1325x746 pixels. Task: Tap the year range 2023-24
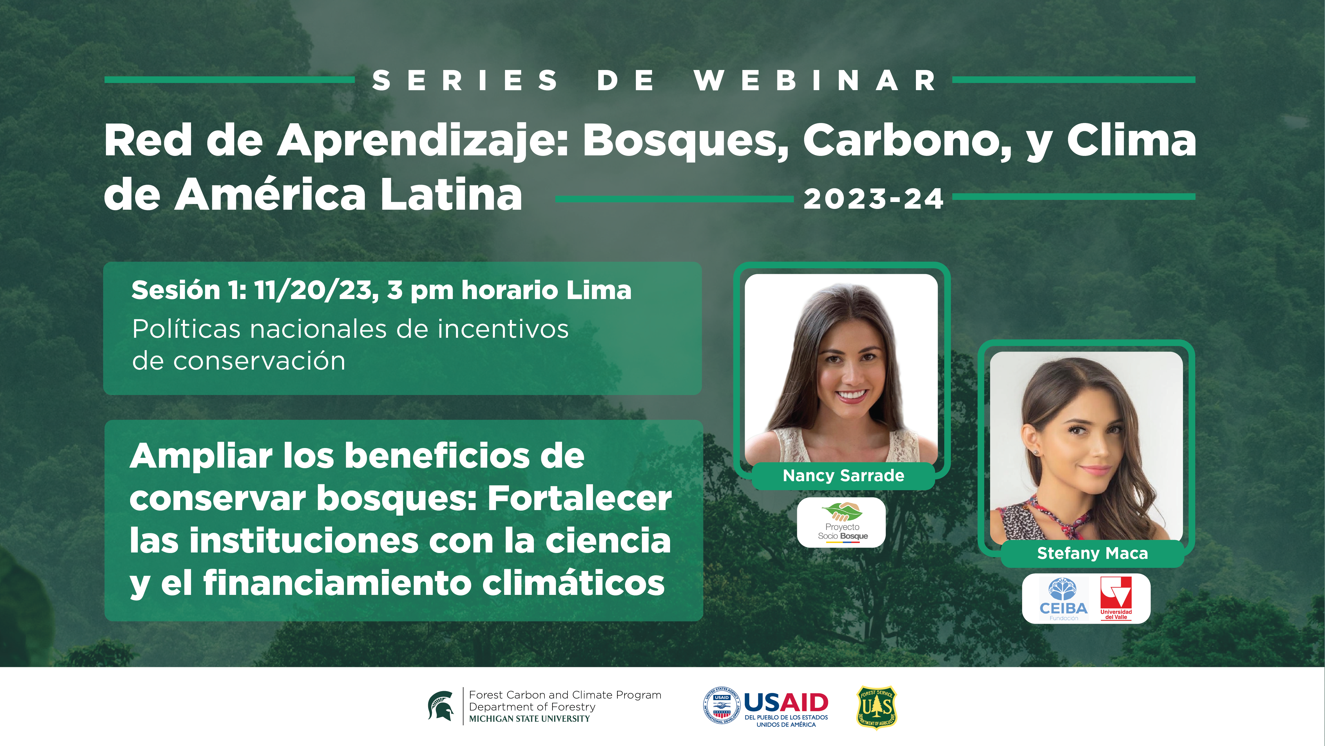(873, 199)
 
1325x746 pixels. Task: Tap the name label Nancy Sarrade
(843, 475)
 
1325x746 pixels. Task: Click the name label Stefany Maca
(1092, 553)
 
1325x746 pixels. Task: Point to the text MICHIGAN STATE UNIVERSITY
(529, 719)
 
